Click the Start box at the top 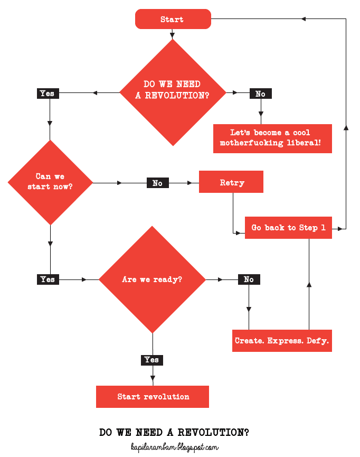[173, 20]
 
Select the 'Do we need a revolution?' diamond [173, 92]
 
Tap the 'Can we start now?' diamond [50, 182]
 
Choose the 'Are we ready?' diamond [152, 279]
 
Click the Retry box [231, 182]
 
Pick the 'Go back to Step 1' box [288, 228]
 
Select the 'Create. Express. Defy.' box [282, 341]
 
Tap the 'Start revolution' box [153, 397]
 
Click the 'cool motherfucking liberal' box [272, 138]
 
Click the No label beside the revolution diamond [260, 94]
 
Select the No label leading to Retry [157, 183]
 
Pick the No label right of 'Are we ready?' [249, 279]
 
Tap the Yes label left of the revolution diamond [47, 94]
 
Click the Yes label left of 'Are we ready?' [48, 279]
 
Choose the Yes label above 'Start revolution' [151, 360]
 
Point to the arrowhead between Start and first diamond [173, 35]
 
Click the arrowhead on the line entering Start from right [304, 19]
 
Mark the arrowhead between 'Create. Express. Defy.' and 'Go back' [309, 285]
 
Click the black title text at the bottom [174, 432]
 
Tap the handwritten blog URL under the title [174, 447]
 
